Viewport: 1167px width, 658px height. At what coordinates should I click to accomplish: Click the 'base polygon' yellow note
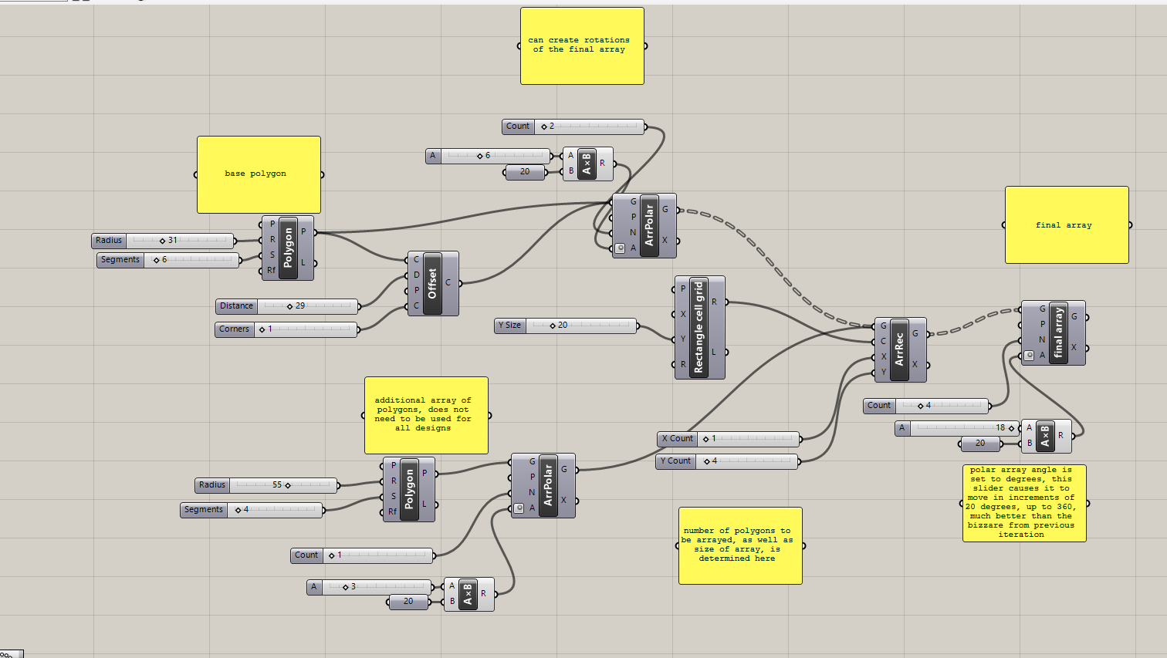[259, 174]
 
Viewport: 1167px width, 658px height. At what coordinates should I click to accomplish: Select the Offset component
[432, 283]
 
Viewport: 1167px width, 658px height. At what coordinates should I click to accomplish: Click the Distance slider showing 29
[287, 306]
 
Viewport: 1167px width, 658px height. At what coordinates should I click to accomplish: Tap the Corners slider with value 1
[287, 329]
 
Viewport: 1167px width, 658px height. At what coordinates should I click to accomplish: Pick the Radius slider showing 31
[163, 241]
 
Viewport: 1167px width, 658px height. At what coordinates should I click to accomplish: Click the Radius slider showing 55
[266, 485]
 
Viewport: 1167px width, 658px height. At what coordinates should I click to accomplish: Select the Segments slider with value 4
[253, 510]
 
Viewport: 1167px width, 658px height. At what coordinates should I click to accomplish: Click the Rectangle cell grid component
[699, 327]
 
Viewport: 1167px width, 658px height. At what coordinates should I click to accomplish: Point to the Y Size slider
[566, 326]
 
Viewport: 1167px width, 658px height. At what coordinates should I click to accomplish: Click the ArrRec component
[899, 349]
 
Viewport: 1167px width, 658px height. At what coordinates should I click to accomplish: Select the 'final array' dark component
[1058, 332]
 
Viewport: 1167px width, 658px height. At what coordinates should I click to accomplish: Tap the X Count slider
[729, 439]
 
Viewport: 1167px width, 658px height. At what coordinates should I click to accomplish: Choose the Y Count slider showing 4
[729, 461]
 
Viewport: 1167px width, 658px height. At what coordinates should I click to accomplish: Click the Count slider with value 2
[573, 127]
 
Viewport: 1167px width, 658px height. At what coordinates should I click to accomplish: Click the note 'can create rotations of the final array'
[582, 46]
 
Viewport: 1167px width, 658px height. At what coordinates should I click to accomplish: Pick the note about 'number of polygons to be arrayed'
[740, 545]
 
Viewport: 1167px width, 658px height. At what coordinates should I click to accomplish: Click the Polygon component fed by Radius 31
[288, 248]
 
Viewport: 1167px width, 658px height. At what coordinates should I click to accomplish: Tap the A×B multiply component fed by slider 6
[587, 164]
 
